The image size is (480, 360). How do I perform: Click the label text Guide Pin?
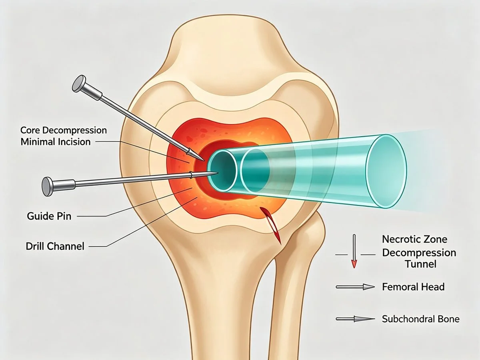[49, 216]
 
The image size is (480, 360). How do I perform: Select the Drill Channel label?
[55, 246]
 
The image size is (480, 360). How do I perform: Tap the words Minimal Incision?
[56, 142]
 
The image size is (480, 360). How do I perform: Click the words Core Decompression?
[64, 130]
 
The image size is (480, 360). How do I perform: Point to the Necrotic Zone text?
[415, 239]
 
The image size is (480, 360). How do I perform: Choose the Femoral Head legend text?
[413, 287]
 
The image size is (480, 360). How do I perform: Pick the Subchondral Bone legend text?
[421, 319]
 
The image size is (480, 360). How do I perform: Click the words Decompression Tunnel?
[419, 258]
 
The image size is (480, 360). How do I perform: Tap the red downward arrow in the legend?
[354, 251]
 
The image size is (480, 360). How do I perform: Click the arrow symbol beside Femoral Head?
[355, 287]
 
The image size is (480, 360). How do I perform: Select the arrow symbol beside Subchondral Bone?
[355, 319]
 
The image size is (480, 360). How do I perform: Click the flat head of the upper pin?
[79, 84]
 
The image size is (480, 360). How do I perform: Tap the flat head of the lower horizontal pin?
[48, 186]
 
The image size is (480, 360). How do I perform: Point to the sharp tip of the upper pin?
[205, 161]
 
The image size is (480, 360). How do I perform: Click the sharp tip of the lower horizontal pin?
[218, 173]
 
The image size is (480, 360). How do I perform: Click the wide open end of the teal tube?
[387, 171]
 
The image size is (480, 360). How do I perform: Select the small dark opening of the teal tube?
[222, 171]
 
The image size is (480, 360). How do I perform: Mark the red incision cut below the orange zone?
[271, 225]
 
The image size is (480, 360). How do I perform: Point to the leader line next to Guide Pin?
[135, 202]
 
